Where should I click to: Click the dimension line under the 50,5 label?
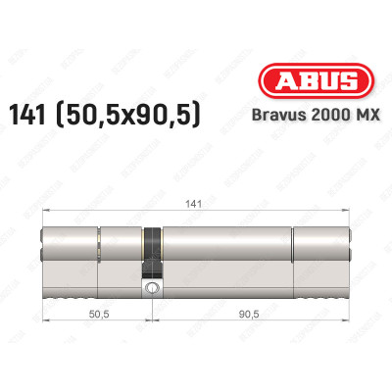tap(95, 322)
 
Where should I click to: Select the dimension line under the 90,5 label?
tap(253, 322)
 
